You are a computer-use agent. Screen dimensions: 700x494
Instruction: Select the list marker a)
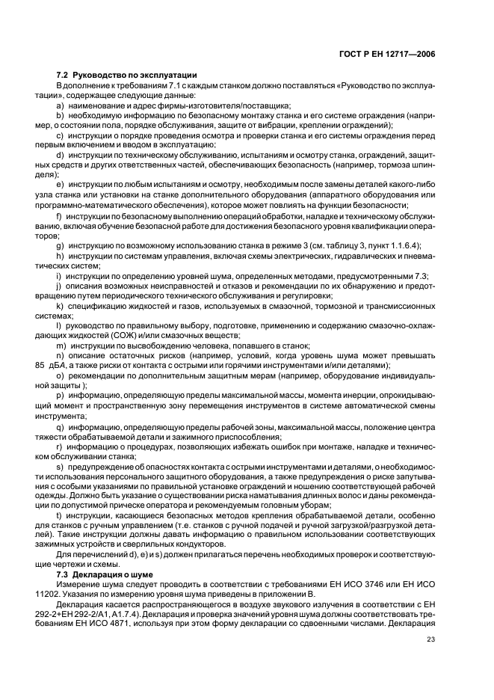coord(60,105)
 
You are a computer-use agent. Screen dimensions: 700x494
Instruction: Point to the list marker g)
coord(60,246)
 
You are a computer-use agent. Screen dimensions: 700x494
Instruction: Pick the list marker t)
coord(59,516)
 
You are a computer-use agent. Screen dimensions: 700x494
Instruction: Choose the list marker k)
coord(60,306)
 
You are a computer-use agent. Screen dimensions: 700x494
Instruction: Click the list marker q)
coord(60,426)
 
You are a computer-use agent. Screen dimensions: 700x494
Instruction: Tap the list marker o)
coord(60,376)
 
